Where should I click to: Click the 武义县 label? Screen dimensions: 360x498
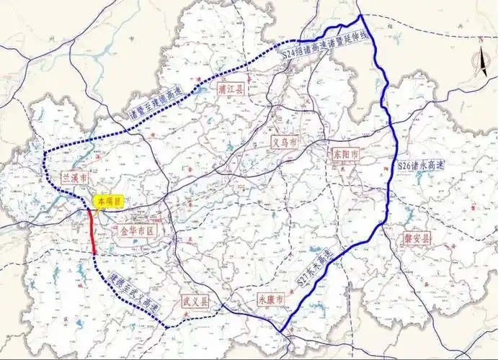195,302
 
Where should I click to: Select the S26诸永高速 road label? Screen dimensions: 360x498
422,166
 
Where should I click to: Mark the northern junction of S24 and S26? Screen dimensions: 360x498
359,14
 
